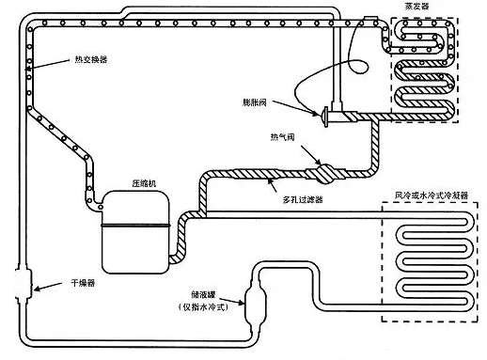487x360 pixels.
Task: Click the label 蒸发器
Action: [x=416, y=6]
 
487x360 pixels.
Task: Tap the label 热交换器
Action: [x=91, y=59]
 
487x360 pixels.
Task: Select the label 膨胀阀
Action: [x=255, y=102]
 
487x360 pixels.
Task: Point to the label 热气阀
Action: [x=282, y=137]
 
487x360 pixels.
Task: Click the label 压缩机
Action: [x=144, y=183]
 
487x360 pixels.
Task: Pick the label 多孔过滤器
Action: [x=303, y=199]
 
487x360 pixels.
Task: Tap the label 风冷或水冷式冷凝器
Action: [x=432, y=196]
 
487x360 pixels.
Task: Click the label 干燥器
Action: [x=83, y=283]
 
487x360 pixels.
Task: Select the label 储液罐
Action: [x=204, y=294]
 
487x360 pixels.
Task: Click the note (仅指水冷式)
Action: [x=204, y=307]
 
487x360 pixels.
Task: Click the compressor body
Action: [x=135, y=232]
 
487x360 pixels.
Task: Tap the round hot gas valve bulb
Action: [x=325, y=174]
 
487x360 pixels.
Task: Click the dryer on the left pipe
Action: [x=23, y=285]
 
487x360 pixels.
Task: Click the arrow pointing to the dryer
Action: [x=48, y=287]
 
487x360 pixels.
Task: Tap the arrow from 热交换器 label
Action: [x=47, y=65]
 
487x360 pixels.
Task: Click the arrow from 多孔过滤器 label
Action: [x=272, y=184]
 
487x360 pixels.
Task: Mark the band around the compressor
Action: [x=135, y=225]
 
